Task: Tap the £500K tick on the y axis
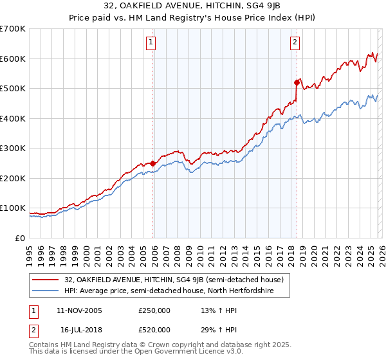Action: tap(13, 88)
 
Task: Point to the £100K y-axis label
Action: tap(13, 208)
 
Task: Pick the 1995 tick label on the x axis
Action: tap(30, 251)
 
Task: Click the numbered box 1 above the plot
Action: tap(151, 43)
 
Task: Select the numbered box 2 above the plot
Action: tap(295, 43)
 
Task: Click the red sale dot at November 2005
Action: tap(153, 163)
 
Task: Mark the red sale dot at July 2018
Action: tap(297, 82)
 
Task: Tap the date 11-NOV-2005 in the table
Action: tap(79, 310)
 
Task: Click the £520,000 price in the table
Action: tap(154, 330)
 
